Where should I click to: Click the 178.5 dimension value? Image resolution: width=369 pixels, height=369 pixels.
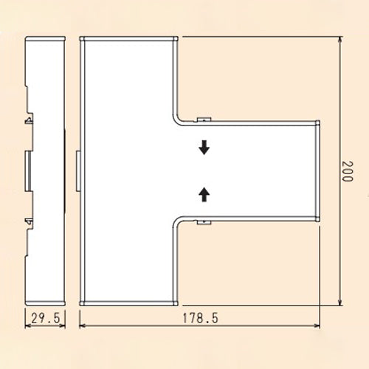(200, 318)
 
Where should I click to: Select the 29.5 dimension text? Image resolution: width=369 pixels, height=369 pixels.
(46, 318)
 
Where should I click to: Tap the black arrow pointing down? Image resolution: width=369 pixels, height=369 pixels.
(204, 148)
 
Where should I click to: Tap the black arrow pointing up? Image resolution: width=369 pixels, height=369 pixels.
(204, 194)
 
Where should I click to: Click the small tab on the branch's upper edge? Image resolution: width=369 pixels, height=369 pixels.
(204, 118)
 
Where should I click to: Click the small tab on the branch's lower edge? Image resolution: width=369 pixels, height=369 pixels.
(204, 222)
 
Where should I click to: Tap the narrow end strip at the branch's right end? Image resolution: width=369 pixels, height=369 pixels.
(317, 170)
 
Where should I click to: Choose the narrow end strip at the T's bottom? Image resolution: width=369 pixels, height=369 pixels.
(128, 303)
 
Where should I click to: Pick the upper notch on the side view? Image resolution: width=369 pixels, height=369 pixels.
(30, 118)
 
